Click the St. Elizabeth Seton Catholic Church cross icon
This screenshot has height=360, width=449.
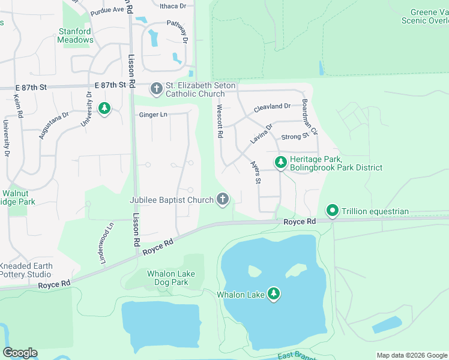(x=156, y=89)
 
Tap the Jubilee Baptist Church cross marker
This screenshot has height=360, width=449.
(x=223, y=199)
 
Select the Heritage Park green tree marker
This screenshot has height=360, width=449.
(x=280, y=163)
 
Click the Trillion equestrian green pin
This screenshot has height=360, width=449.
(x=332, y=211)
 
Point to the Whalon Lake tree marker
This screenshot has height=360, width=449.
(x=274, y=294)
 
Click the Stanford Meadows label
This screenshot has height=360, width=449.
(x=75, y=35)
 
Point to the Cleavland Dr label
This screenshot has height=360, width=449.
(x=272, y=107)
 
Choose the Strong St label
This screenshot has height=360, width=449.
(x=295, y=137)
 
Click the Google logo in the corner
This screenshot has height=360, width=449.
(x=20, y=353)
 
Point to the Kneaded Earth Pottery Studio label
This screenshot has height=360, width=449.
(x=26, y=270)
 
